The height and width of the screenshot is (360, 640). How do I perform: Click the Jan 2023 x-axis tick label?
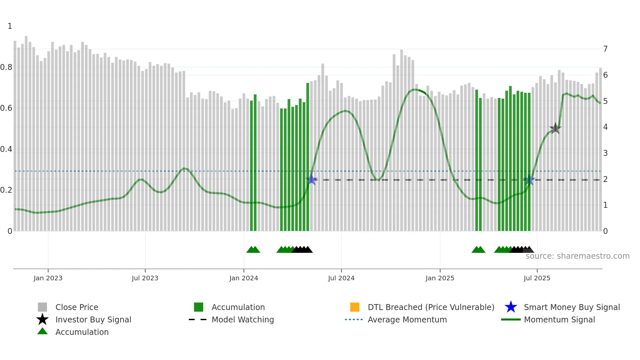pyautogui.click(x=48, y=278)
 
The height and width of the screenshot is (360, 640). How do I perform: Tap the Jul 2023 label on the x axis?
pyautogui.click(x=145, y=278)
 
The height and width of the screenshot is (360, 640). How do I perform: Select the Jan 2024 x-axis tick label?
pyautogui.click(x=244, y=278)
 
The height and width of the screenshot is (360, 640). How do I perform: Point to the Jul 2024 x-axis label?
pyautogui.click(x=341, y=278)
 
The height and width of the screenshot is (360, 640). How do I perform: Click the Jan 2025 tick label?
pyautogui.click(x=440, y=278)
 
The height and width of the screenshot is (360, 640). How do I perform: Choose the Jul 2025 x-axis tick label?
pyautogui.click(x=537, y=278)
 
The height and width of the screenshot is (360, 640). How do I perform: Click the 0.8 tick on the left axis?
pyautogui.click(x=7, y=67)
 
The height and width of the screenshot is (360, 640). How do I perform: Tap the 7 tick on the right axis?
pyautogui.click(x=605, y=49)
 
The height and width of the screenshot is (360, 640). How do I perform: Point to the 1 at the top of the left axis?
pyautogui.click(x=10, y=26)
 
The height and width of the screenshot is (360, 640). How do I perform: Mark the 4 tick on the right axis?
pyautogui.click(x=605, y=127)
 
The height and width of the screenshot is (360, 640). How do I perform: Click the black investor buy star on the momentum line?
pyautogui.click(x=555, y=128)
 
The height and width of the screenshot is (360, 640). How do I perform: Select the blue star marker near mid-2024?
pyautogui.click(x=312, y=179)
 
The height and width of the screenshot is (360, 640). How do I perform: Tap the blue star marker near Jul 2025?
pyautogui.click(x=529, y=180)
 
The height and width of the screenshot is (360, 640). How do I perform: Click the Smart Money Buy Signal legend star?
pyautogui.click(x=511, y=307)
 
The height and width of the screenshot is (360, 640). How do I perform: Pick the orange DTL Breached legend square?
pyautogui.click(x=355, y=307)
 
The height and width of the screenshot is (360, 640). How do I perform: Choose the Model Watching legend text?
pyautogui.click(x=243, y=319)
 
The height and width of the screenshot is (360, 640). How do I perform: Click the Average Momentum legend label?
pyautogui.click(x=407, y=319)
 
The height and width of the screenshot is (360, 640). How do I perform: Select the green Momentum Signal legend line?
pyautogui.click(x=511, y=319)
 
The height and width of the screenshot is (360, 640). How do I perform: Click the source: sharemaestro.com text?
pyautogui.click(x=577, y=256)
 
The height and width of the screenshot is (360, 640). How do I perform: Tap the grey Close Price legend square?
pyautogui.click(x=42, y=307)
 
